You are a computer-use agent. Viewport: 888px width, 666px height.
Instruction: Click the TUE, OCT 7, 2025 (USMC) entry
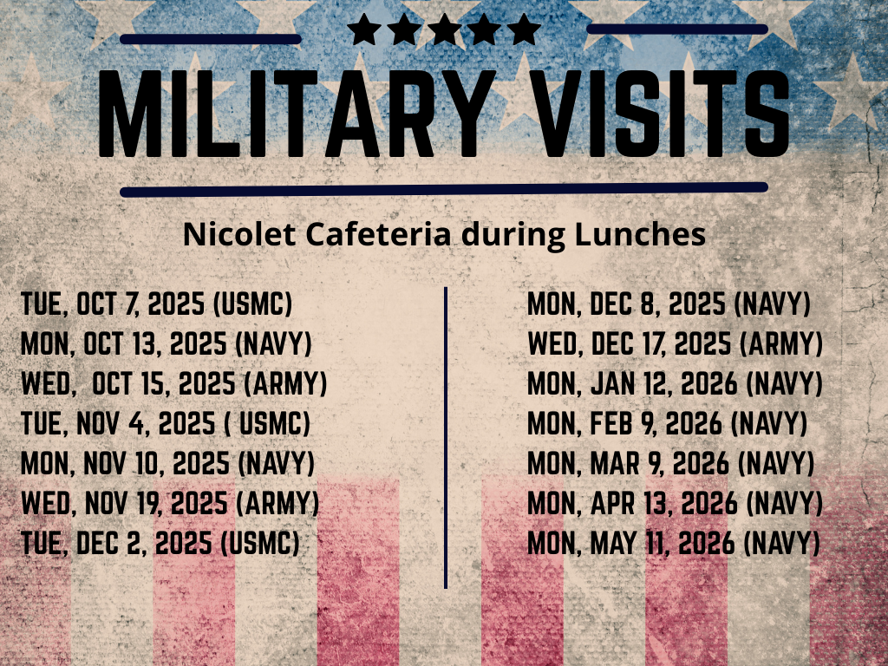[156, 304]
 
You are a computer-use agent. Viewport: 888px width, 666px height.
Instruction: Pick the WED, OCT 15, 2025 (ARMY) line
[173, 383]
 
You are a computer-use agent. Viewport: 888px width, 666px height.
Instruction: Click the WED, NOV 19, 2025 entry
[170, 503]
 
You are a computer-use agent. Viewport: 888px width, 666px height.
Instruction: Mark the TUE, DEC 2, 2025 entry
[160, 543]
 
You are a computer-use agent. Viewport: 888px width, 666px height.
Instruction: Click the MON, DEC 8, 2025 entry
[669, 304]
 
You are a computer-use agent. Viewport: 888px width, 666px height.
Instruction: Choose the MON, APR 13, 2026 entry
[675, 503]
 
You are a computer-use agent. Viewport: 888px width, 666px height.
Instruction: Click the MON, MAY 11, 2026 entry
[673, 543]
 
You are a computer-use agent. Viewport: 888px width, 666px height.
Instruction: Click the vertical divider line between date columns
[446, 438]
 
